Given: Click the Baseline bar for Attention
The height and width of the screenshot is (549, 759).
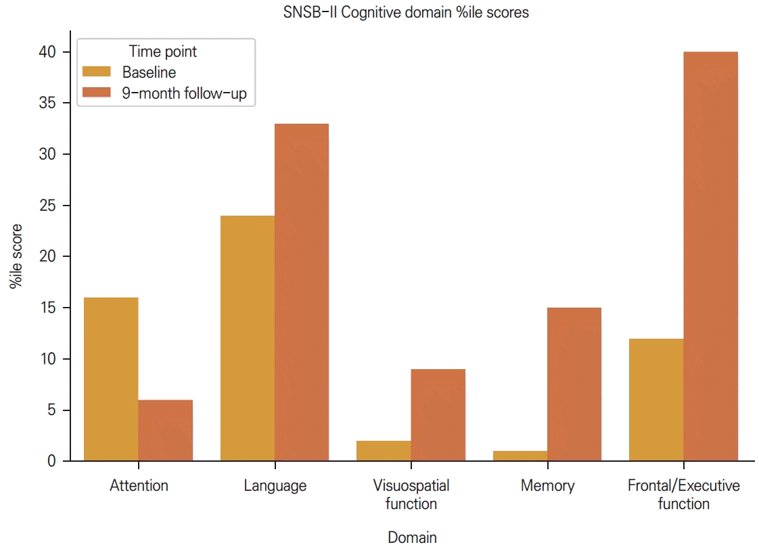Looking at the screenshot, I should click(x=111, y=379).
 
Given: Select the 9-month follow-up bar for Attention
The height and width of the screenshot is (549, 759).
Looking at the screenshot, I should click(x=166, y=431).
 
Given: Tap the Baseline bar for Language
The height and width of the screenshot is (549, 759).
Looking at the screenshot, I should click(x=248, y=338).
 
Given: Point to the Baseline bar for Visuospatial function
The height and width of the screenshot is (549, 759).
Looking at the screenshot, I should click(x=384, y=451).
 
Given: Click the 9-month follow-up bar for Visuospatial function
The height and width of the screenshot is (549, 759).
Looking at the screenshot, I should click(x=438, y=415).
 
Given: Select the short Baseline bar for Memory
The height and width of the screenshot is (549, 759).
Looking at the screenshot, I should click(x=520, y=456).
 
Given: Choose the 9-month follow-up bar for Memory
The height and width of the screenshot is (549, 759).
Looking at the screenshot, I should click(x=574, y=384).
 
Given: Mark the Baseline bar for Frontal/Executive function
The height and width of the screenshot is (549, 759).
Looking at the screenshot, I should click(x=656, y=400).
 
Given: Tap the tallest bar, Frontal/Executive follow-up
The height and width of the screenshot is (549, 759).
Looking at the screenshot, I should click(x=711, y=256).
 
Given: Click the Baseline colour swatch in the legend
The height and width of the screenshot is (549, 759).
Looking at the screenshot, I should click(x=97, y=72).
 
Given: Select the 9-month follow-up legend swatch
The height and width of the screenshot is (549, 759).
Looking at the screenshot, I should click(x=97, y=94).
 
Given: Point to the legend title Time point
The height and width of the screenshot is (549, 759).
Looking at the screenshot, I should click(x=162, y=51).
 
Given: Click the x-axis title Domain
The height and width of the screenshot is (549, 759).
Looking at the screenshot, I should click(x=412, y=538).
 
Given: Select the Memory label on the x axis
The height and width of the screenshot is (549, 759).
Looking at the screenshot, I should click(x=547, y=485).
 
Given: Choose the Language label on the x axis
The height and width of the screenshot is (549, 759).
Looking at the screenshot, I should click(x=275, y=485).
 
